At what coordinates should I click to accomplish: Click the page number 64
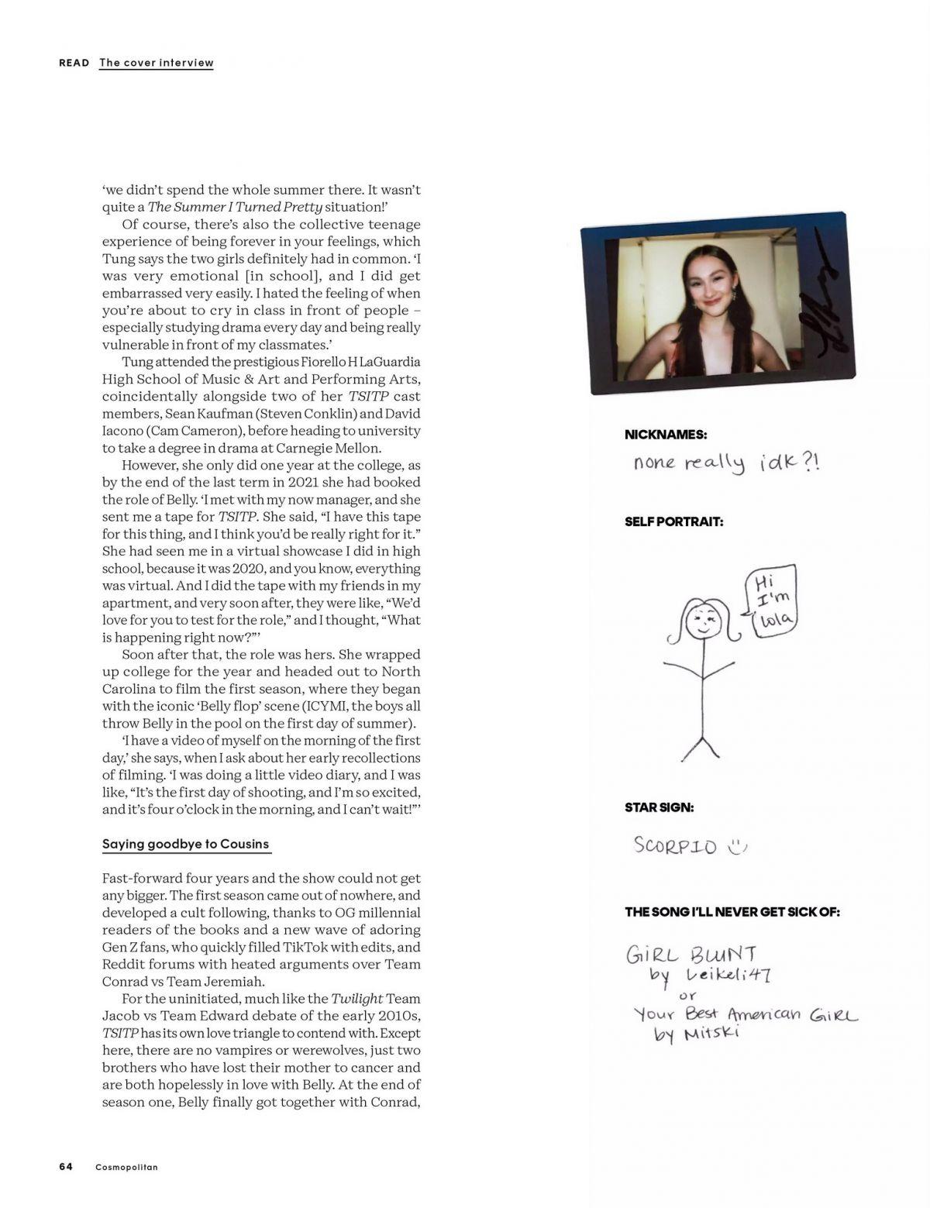pyautogui.click(x=66, y=1167)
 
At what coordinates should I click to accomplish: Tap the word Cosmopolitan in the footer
pyautogui.click(x=126, y=1167)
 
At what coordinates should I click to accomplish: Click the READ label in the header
pyautogui.click(x=74, y=63)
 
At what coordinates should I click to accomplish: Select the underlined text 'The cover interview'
pyautogui.click(x=156, y=63)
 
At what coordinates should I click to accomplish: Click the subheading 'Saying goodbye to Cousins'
pyautogui.click(x=186, y=844)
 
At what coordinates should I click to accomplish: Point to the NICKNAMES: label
pyautogui.click(x=666, y=435)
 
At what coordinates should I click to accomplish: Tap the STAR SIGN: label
pyautogui.click(x=660, y=807)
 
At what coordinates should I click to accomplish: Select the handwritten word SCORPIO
pyautogui.click(x=675, y=845)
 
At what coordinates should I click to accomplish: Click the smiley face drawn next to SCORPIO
pyautogui.click(x=736, y=846)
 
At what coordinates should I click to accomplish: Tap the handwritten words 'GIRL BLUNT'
pyautogui.click(x=691, y=954)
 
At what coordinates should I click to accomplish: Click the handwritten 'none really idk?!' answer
pyautogui.click(x=725, y=463)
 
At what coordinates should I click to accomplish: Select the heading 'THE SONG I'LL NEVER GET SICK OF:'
pyautogui.click(x=732, y=912)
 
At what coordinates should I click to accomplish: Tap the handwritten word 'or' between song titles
pyautogui.click(x=687, y=995)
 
